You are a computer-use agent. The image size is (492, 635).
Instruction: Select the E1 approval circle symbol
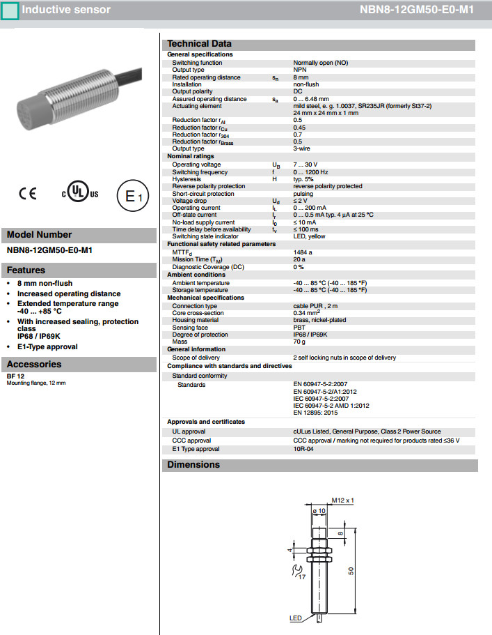click(x=132, y=197)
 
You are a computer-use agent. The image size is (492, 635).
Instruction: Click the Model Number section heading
click(x=40, y=235)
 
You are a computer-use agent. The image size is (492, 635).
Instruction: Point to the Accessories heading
click(x=34, y=364)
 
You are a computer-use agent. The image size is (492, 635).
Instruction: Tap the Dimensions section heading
click(x=193, y=465)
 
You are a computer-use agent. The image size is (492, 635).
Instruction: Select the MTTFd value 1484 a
click(x=303, y=252)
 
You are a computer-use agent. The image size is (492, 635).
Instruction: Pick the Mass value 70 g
click(x=300, y=342)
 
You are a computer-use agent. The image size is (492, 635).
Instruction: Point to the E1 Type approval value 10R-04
click(x=304, y=448)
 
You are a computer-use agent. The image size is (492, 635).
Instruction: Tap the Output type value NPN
click(x=300, y=70)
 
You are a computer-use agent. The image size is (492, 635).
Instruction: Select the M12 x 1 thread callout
click(x=342, y=500)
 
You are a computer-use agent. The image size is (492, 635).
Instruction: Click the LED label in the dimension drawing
click(x=295, y=618)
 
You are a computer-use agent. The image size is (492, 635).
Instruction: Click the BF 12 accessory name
click(x=16, y=376)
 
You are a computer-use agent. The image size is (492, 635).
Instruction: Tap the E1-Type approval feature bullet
click(x=47, y=346)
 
